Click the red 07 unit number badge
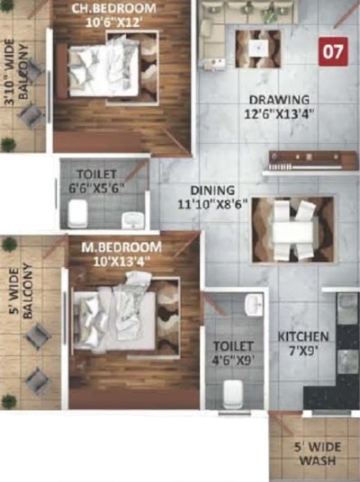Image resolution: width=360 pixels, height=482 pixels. point(333,51)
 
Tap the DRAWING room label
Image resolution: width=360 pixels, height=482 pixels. point(279,100)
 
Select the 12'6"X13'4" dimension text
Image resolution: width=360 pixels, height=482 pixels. point(279,114)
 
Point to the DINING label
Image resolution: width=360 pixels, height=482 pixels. point(212,191)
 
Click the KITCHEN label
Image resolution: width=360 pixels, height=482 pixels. point(303,336)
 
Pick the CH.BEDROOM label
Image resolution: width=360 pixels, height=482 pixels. point(113,8)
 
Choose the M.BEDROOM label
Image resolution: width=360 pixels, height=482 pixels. point(121,247)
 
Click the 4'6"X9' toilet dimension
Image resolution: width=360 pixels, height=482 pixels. point(233,361)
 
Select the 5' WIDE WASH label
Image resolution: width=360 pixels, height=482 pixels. point(317,454)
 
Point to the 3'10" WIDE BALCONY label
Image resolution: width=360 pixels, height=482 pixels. point(17,72)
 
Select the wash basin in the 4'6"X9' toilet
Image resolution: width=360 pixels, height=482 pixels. point(254,305)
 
